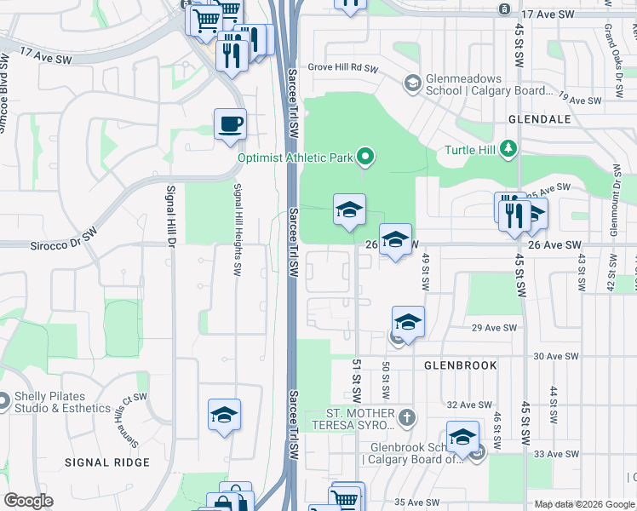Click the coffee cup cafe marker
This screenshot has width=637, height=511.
(230, 124)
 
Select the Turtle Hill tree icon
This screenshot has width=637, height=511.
(508, 150)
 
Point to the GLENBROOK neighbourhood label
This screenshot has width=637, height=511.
(461, 365)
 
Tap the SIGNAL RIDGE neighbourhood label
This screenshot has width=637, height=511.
(107, 462)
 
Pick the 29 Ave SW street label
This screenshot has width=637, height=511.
(495, 328)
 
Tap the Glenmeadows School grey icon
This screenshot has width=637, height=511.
(412, 83)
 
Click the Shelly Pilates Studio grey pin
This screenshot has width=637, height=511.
(4, 399)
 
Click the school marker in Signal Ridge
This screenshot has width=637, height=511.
(225, 415)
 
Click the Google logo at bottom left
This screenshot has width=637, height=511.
(29, 501)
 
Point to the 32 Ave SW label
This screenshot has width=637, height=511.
(469, 405)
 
